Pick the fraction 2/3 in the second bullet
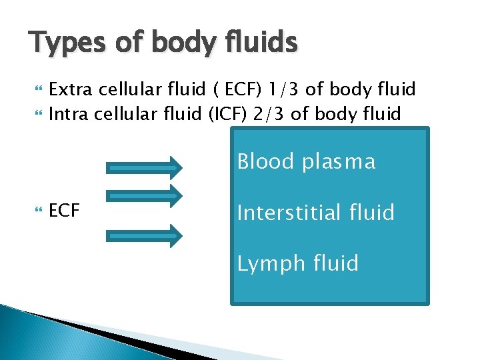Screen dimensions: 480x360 tap(269, 114)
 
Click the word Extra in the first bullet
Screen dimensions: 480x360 tap(73, 89)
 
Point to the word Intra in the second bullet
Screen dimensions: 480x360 tap(70, 114)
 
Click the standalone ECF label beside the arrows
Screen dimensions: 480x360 tap(65, 211)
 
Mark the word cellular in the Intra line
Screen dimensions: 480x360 tap(131, 114)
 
